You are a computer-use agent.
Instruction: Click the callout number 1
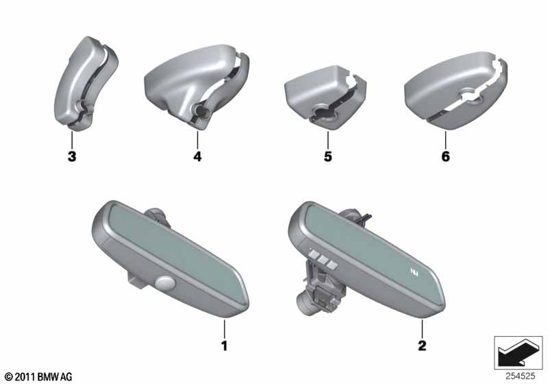(x=225, y=346)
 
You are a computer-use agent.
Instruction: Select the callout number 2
(x=422, y=346)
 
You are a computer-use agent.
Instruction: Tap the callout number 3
(x=72, y=156)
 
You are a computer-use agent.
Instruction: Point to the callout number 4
(x=197, y=156)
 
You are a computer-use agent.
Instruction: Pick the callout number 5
(x=327, y=156)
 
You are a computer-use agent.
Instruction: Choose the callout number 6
(x=446, y=156)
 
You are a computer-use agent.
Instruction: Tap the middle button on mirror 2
(x=322, y=259)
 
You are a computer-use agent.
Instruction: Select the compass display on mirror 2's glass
(x=415, y=271)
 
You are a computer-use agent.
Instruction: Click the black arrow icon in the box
(x=516, y=354)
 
